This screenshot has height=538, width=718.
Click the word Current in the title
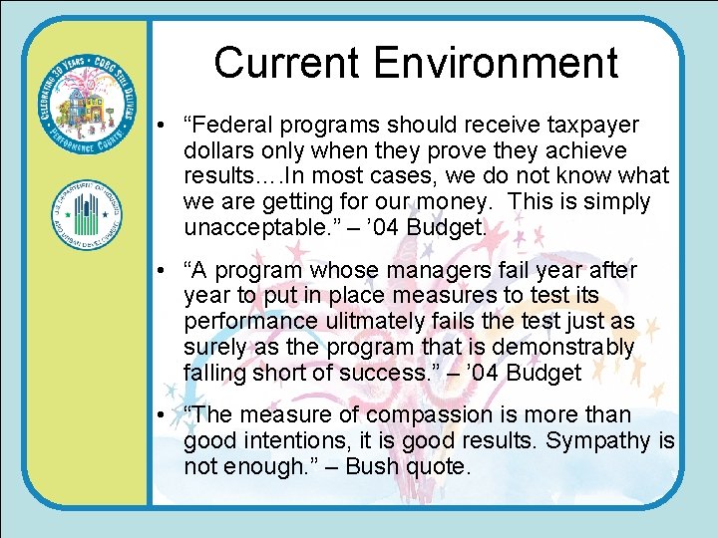287,63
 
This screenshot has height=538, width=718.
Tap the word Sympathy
599,440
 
